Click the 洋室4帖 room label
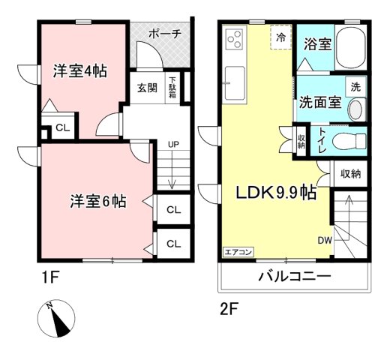[x=79, y=72]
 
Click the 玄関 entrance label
[x=147, y=88]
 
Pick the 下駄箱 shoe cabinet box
[x=172, y=87]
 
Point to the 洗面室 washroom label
[x=319, y=101]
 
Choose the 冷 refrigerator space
[x=281, y=37]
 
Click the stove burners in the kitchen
[x=235, y=39]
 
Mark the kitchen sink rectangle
[x=235, y=82]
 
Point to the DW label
[x=324, y=241]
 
